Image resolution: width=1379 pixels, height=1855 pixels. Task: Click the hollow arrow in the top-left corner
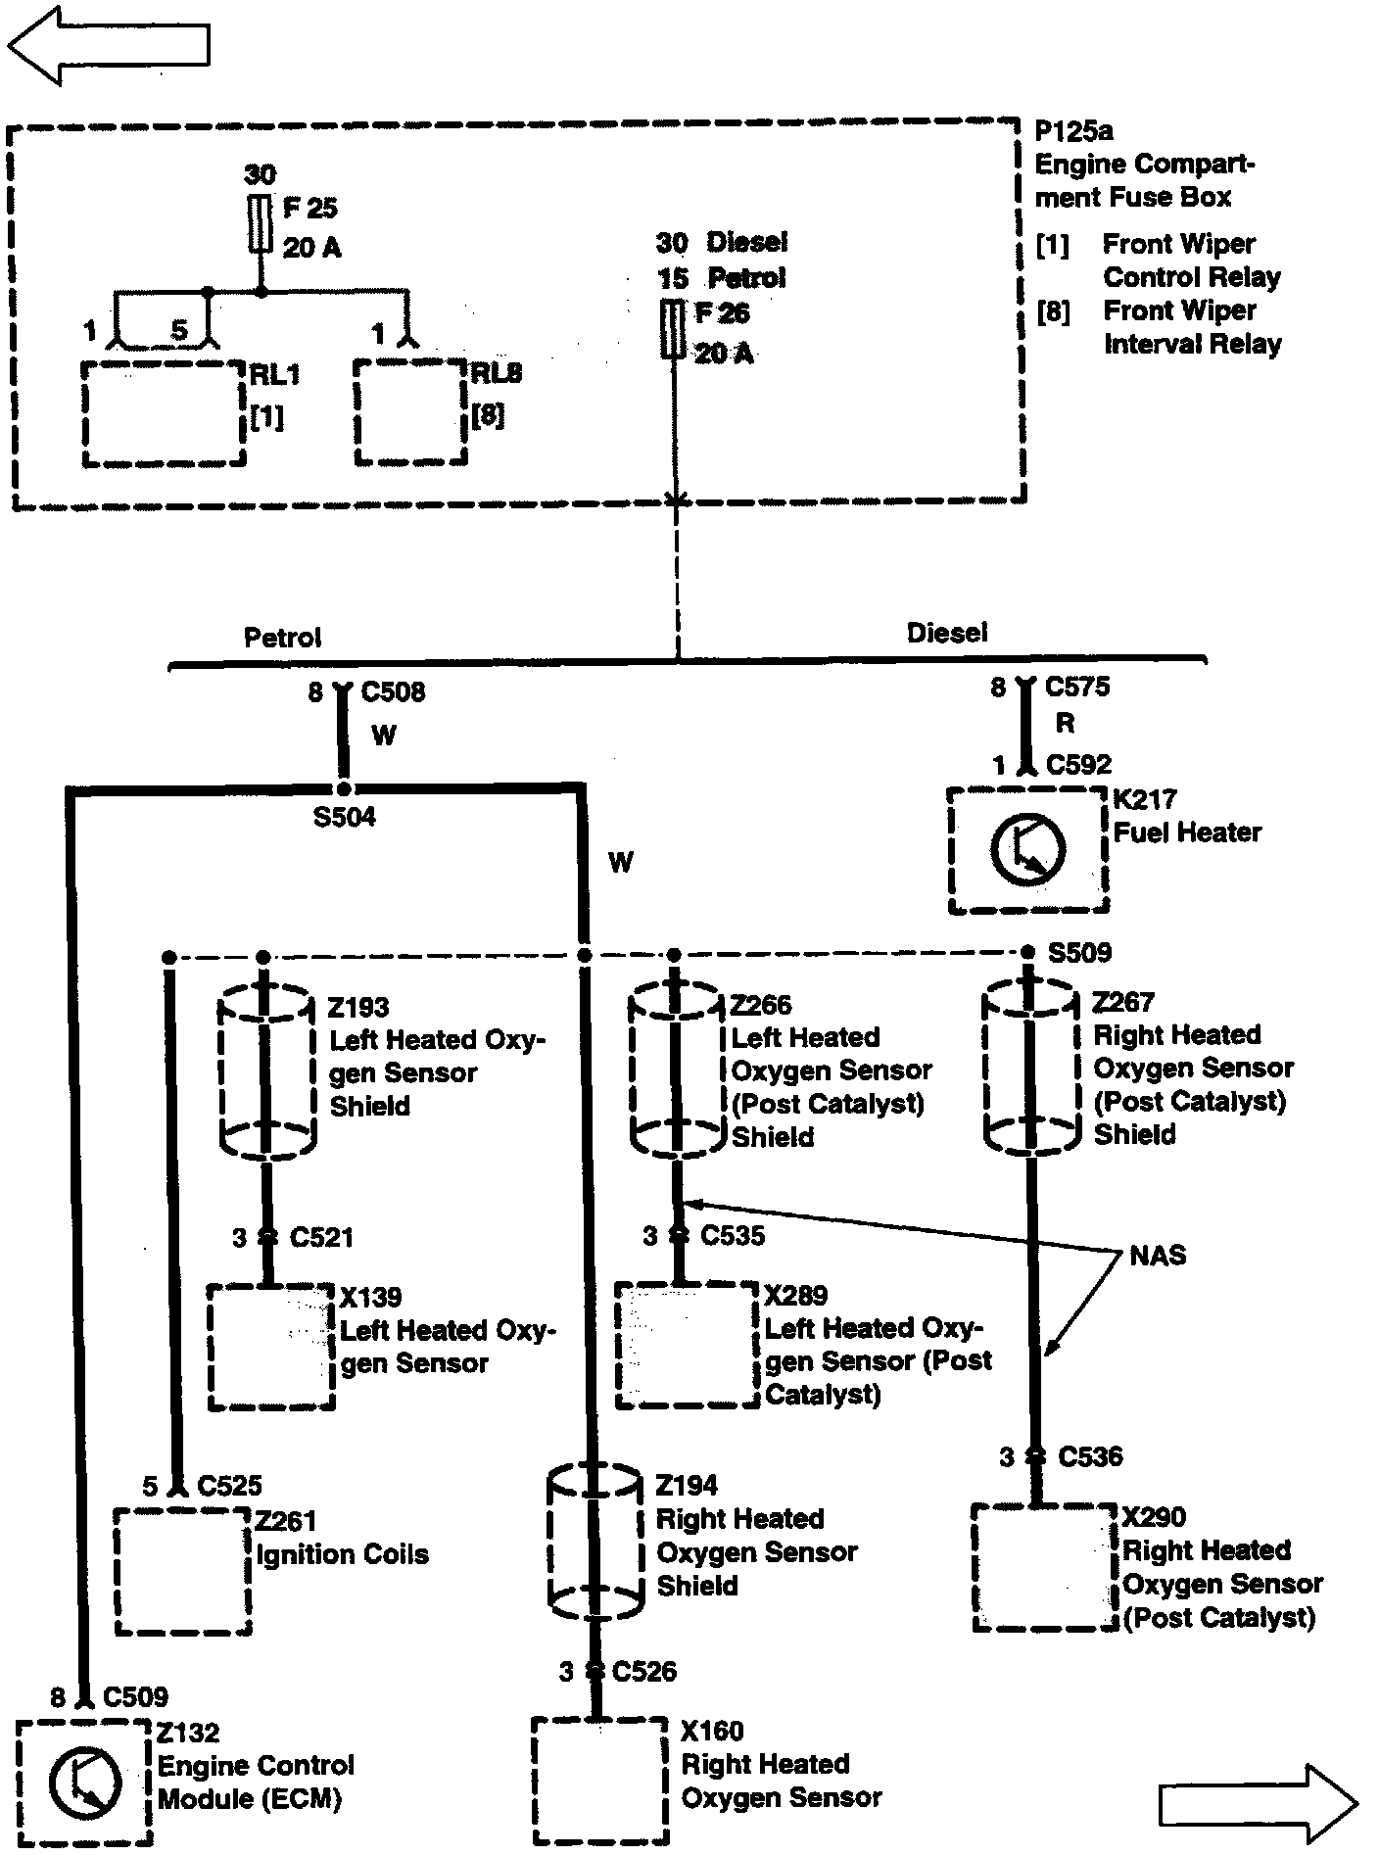point(108,44)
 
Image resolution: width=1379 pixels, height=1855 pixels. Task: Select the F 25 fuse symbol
point(261,223)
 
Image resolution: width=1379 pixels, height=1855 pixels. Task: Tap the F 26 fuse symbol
point(674,330)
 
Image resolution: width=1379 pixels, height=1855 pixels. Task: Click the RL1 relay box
point(163,413)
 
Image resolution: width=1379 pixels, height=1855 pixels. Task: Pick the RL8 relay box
point(409,412)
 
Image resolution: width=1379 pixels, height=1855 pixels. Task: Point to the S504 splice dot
point(343,788)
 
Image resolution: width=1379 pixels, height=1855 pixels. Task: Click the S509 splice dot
point(1027,952)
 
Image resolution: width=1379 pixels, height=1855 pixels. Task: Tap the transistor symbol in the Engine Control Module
point(84,1780)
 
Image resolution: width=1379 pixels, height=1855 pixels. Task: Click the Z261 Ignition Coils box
point(182,1570)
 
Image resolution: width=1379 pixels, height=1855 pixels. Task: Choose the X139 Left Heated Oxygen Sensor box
point(271,1348)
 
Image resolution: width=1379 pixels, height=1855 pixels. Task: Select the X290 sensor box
point(1044,1567)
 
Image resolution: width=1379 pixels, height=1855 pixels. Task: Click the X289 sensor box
point(687,1346)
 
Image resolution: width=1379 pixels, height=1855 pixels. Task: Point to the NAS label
point(1158,1255)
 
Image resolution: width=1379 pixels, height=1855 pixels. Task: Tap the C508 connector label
point(393,692)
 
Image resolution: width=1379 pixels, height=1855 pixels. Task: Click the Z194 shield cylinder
point(594,1542)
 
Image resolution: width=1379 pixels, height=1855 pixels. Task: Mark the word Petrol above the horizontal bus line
point(282,638)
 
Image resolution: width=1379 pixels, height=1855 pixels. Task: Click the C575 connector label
point(1077,687)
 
